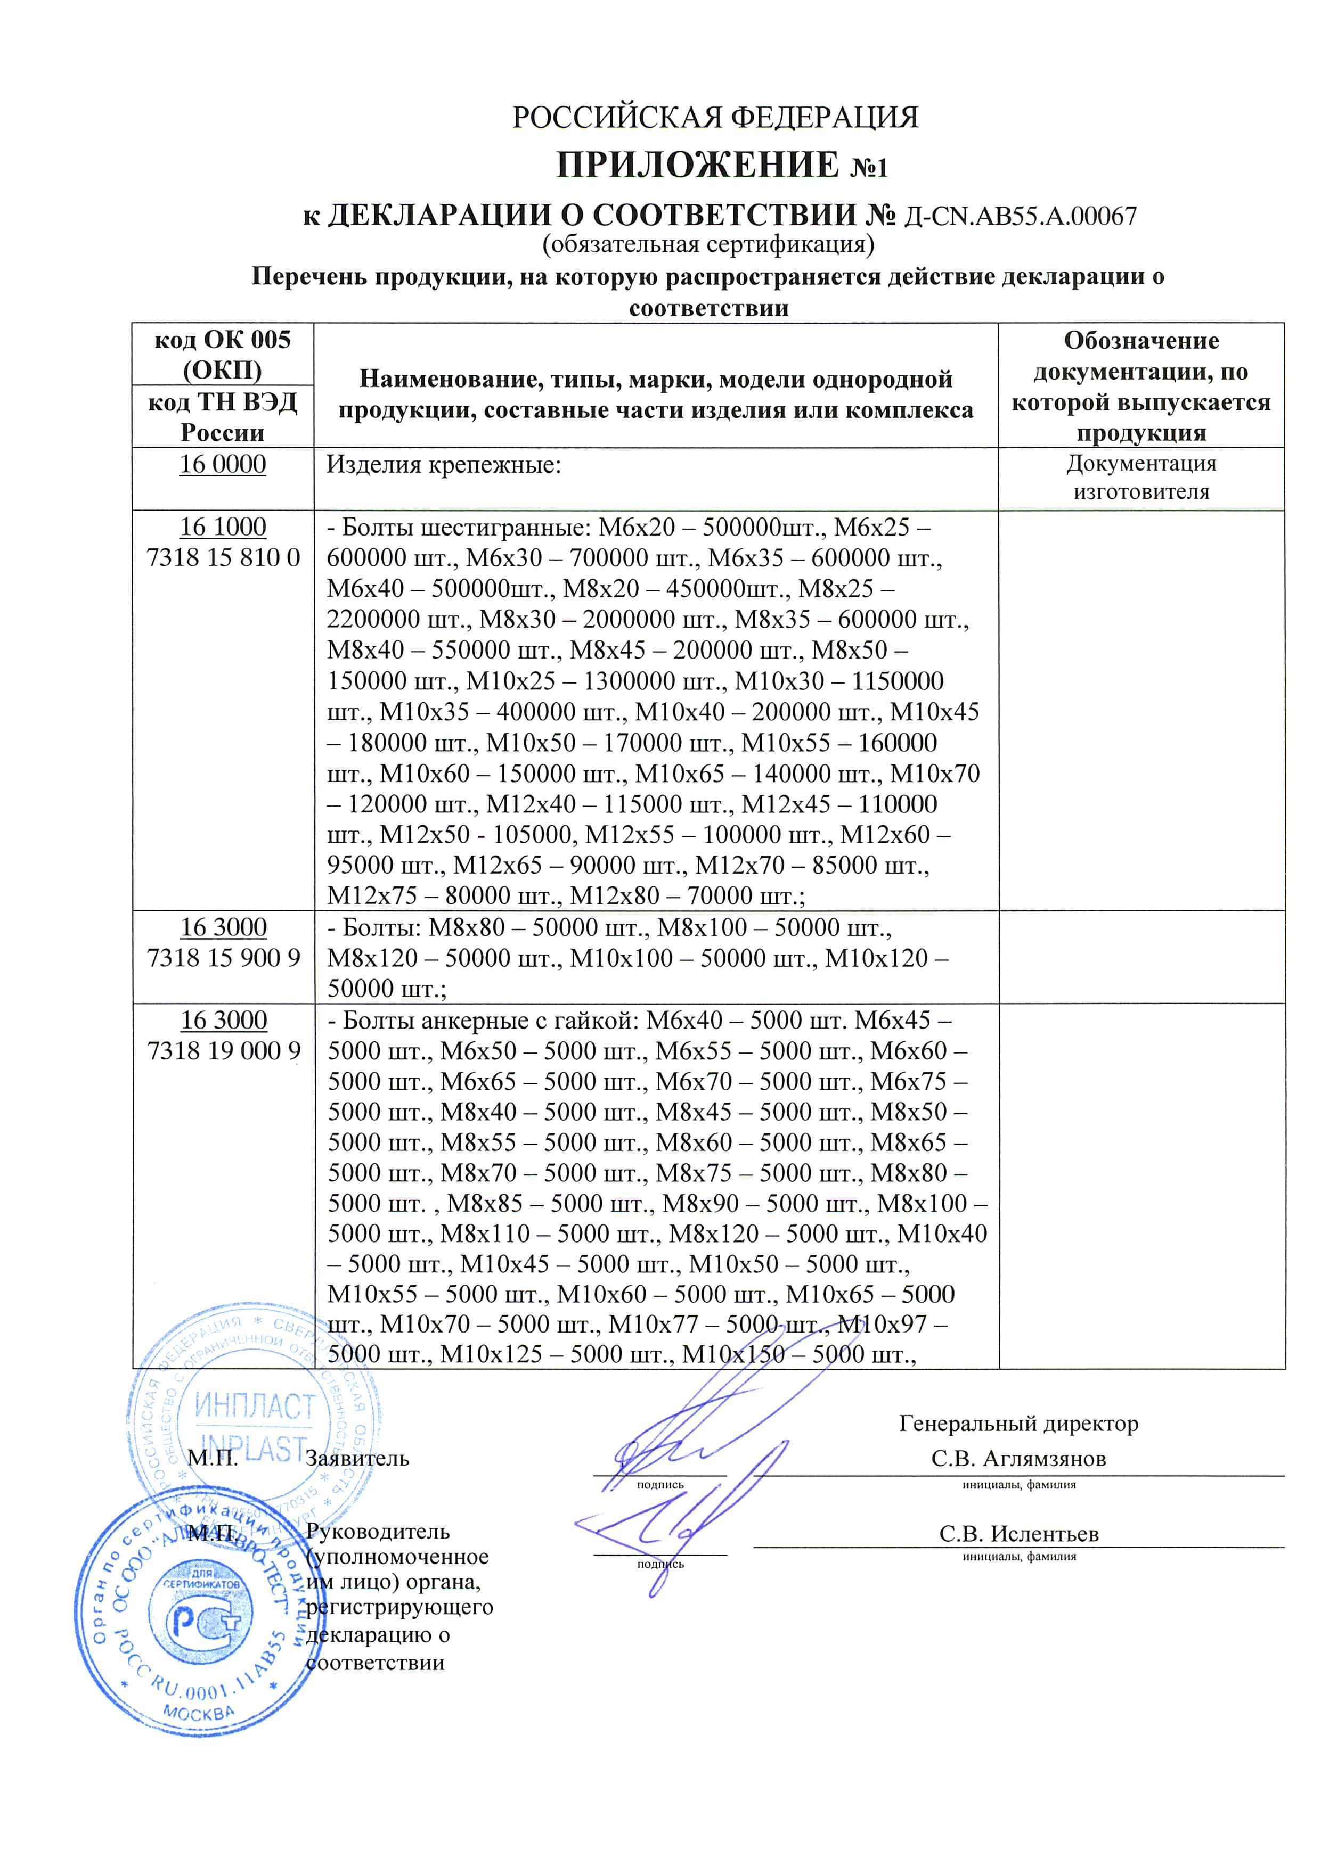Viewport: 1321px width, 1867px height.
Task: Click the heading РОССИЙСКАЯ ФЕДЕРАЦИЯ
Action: (x=715, y=118)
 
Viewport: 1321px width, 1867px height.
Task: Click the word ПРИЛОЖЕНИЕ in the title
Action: (x=697, y=165)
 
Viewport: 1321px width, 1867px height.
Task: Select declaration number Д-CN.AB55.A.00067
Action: (x=1021, y=216)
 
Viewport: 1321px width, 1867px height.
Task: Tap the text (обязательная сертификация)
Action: (x=708, y=244)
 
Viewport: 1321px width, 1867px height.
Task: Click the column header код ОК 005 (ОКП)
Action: (x=222, y=355)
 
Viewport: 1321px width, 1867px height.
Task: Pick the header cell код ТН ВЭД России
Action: (x=222, y=416)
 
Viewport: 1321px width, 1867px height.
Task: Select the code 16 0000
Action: (x=222, y=464)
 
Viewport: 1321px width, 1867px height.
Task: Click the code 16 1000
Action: (x=222, y=527)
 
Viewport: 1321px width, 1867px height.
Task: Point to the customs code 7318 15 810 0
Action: (x=223, y=558)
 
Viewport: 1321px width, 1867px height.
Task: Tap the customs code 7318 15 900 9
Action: (x=223, y=958)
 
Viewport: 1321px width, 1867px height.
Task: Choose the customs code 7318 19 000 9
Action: (x=223, y=1050)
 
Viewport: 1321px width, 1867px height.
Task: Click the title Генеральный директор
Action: (x=1018, y=1423)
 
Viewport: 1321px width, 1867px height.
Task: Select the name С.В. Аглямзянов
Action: (x=1018, y=1458)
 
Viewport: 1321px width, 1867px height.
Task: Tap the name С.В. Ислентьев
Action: (x=1018, y=1534)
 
